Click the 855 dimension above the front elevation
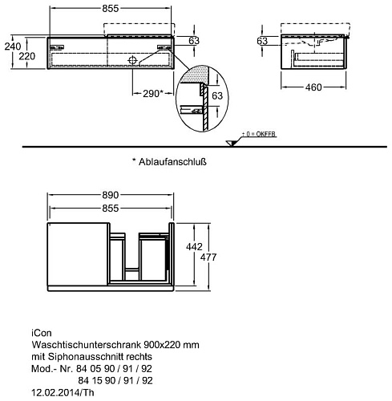[110, 9]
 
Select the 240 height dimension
[13, 47]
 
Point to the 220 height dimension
[27, 56]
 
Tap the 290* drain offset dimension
[152, 94]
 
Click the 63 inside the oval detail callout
[217, 95]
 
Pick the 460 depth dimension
[313, 87]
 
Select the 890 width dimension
[110, 195]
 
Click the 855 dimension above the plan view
[110, 209]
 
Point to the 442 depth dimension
[194, 247]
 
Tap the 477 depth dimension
[208, 257]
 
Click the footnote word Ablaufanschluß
[172, 162]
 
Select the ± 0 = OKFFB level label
[259, 134]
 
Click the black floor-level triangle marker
[231, 144]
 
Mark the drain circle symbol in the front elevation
[132, 60]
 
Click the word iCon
[42, 333]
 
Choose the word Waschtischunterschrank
[86, 345]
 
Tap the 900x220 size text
[162, 345]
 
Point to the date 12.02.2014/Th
[63, 392]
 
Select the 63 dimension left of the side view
[262, 41]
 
